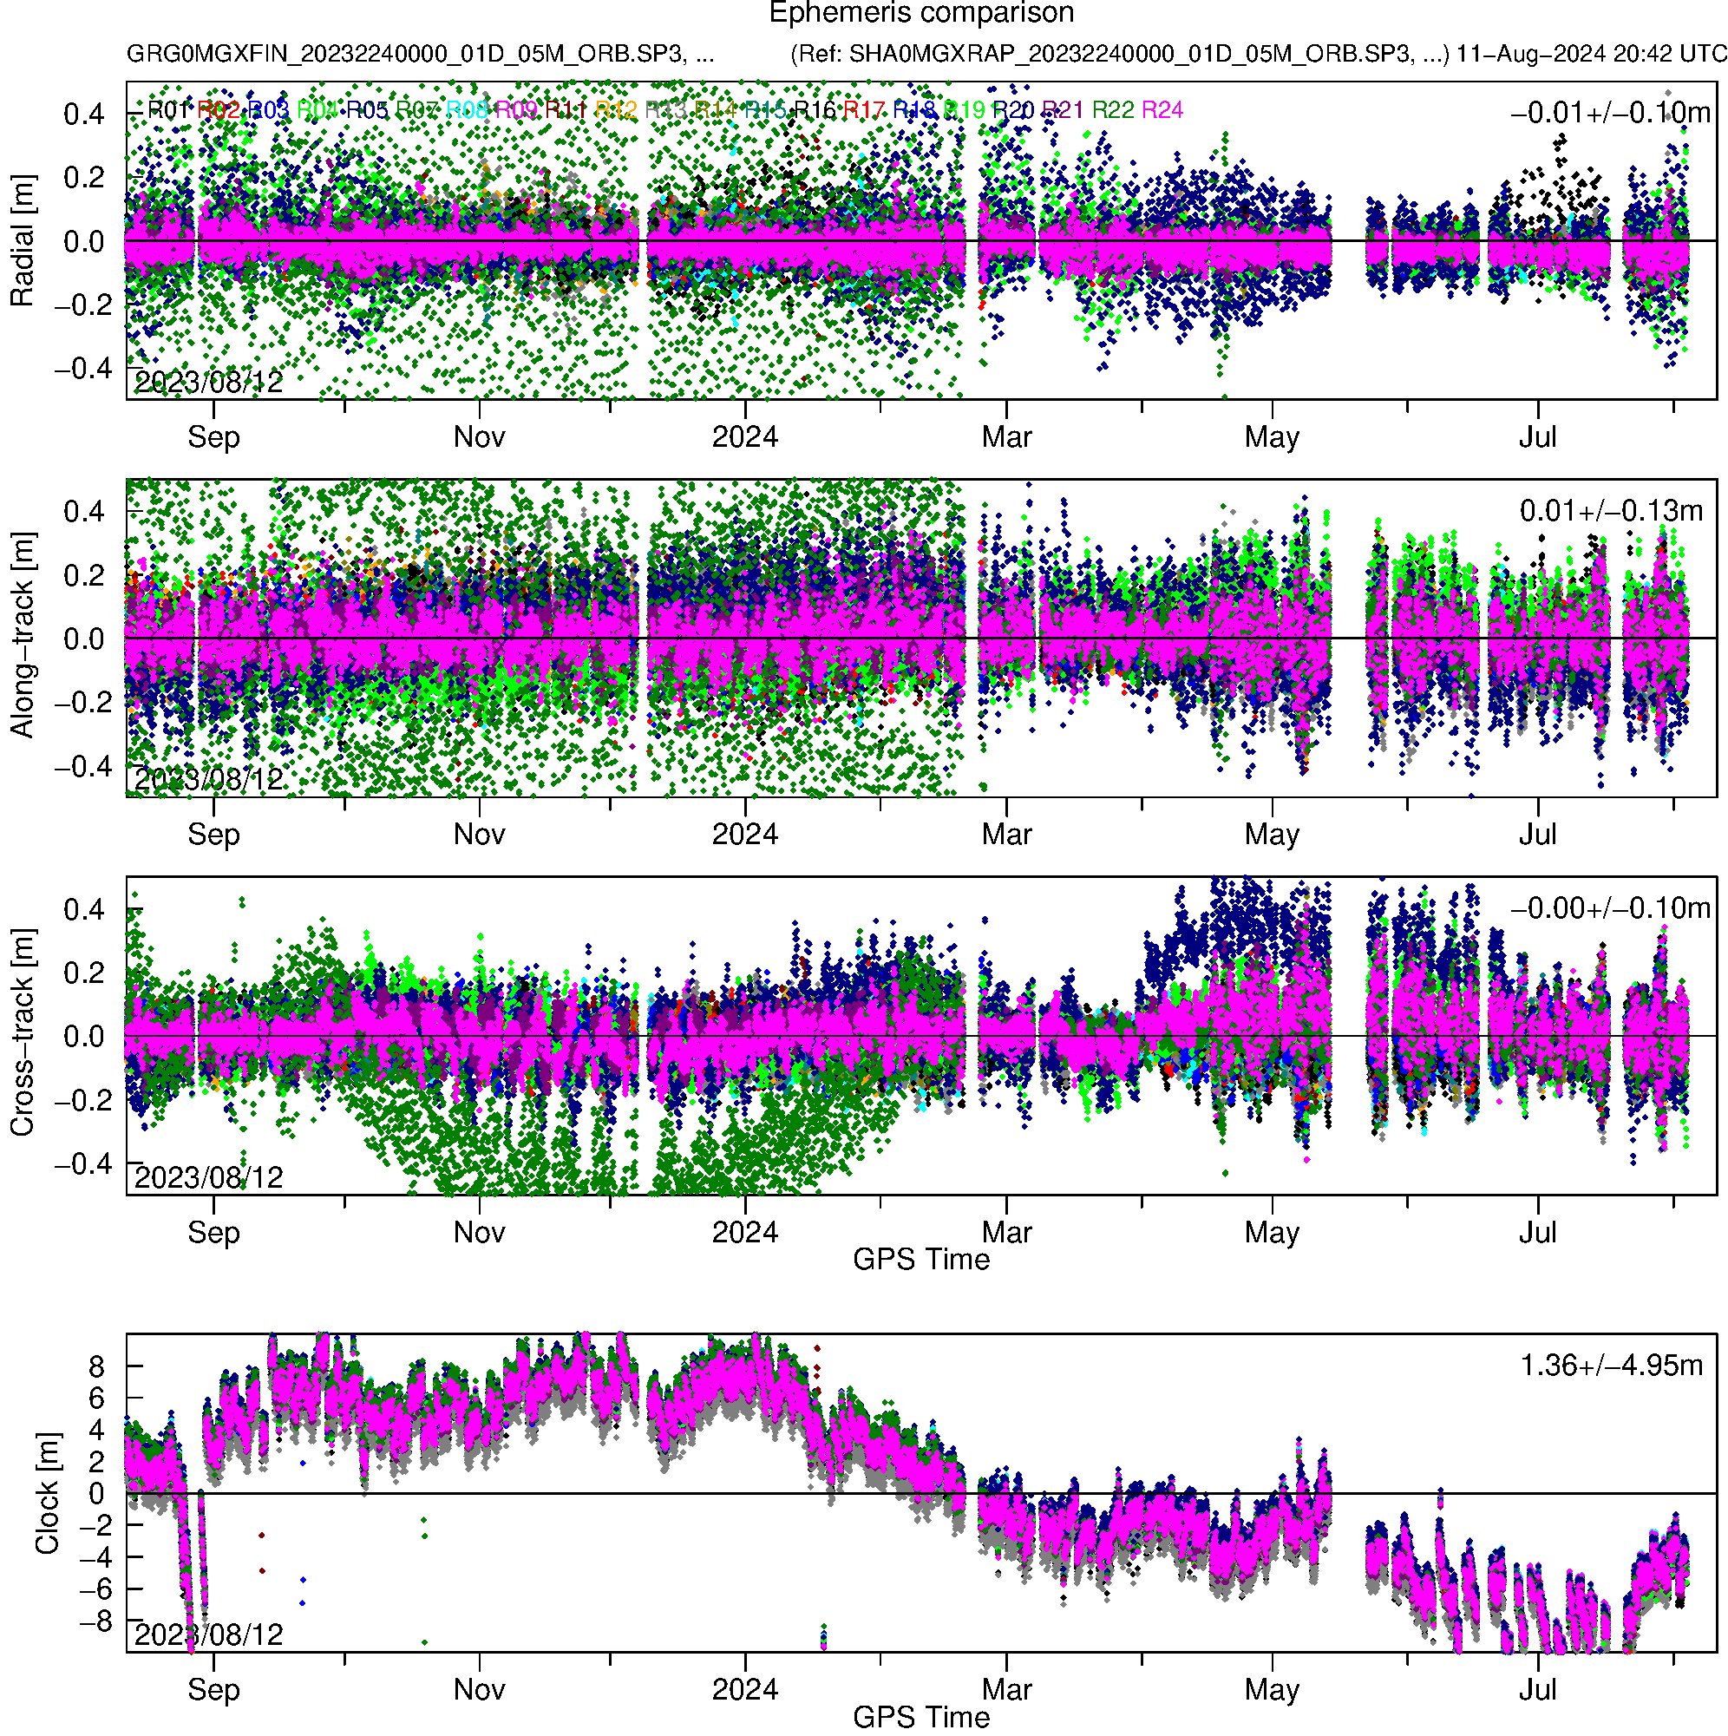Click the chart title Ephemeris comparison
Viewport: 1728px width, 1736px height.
(921, 14)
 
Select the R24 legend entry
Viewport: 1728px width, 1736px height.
(1161, 110)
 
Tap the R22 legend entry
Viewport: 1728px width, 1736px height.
(1112, 110)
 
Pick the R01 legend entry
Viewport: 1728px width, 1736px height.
(168, 110)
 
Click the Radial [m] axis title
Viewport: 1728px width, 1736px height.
(22, 241)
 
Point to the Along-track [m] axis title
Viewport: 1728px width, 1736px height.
(22, 636)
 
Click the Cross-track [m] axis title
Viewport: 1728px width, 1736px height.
(22, 1034)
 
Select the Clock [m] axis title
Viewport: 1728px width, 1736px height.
(47, 1493)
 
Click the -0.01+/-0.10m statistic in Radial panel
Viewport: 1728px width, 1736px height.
(1609, 113)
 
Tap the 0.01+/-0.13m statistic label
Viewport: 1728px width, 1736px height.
(1610, 511)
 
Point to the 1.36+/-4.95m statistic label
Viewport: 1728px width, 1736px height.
(1610, 1366)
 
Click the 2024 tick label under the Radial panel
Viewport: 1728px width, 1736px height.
(745, 437)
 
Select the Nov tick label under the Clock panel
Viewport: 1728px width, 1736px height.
(479, 1689)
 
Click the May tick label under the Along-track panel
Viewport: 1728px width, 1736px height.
(1272, 835)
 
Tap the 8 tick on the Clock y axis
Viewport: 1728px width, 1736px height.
(96, 1367)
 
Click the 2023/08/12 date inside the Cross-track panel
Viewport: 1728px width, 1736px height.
(208, 1177)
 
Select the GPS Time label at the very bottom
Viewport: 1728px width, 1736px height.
(921, 1717)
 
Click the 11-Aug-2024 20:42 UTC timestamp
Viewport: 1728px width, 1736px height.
(1591, 54)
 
